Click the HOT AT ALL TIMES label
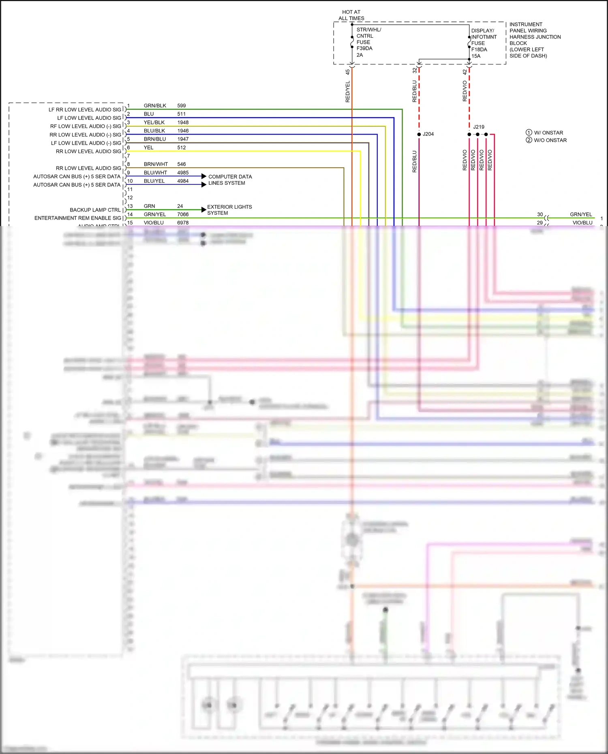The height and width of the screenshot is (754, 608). pyautogui.click(x=351, y=15)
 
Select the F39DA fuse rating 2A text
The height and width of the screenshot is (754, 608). pyautogui.click(x=360, y=55)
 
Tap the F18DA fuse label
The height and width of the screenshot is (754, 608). pyautogui.click(x=479, y=49)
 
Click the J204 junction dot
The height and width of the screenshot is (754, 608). pyautogui.click(x=419, y=134)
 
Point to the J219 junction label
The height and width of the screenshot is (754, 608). pyautogui.click(x=479, y=127)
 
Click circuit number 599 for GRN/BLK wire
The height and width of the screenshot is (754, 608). pyautogui.click(x=182, y=106)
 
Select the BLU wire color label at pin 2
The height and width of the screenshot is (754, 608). pyautogui.click(x=149, y=114)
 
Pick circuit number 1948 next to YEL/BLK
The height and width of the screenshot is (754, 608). pyautogui.click(x=183, y=122)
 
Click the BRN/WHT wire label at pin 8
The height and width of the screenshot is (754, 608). pyautogui.click(x=156, y=164)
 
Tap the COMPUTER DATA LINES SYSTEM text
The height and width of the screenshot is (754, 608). pyautogui.click(x=230, y=180)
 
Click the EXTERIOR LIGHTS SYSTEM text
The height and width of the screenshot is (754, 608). pyautogui.click(x=229, y=210)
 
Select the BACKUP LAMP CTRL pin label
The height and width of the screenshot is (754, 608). pyautogui.click(x=95, y=210)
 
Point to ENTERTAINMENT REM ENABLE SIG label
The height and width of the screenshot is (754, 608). pyautogui.click(x=78, y=218)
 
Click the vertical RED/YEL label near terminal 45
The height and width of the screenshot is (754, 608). pyautogui.click(x=348, y=92)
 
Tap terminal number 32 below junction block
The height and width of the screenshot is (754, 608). pyautogui.click(x=414, y=70)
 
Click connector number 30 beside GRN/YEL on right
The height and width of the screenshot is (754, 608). pyautogui.click(x=540, y=214)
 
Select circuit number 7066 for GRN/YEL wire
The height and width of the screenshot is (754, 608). pyautogui.click(x=183, y=214)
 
